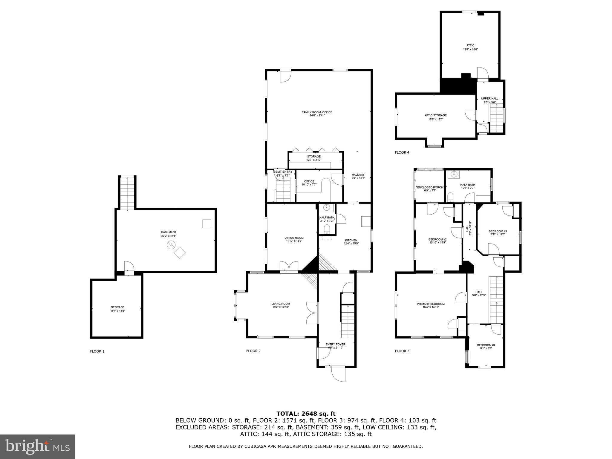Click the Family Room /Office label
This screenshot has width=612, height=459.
[317, 112]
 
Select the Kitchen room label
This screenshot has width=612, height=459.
[351, 240]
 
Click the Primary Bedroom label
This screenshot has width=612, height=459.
[431, 304]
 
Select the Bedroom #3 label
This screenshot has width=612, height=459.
[498, 231]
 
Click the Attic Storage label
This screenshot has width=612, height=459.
[436, 115]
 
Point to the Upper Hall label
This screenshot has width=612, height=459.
[489, 99]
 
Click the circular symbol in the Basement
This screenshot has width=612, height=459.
[171, 245]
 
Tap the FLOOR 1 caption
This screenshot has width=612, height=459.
[97, 351]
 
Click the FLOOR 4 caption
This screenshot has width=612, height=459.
[402, 152]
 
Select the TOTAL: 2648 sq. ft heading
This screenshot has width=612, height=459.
[306, 414]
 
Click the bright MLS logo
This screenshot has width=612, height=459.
[37, 447]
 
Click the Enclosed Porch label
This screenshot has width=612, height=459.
[430, 187]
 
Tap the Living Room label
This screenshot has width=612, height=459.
[281, 304]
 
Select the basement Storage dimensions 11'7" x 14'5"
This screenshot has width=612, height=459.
[117, 311]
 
